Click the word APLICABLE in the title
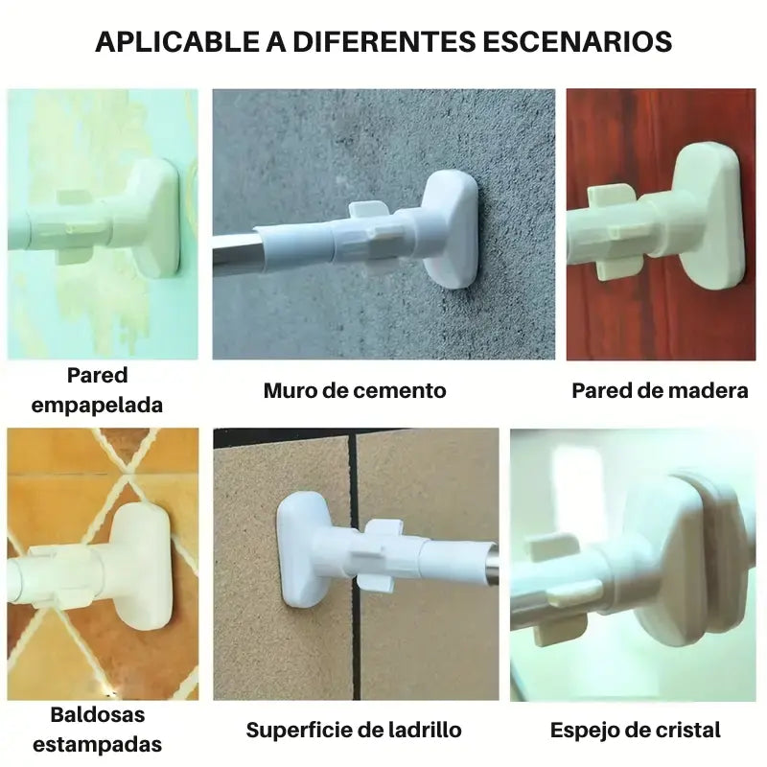177,41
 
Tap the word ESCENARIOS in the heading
577,41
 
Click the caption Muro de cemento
355,390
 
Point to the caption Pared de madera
660,390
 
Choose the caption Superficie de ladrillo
354,730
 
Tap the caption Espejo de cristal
635,730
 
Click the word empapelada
97,406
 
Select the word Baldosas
98,714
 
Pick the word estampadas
97,745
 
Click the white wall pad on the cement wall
450,229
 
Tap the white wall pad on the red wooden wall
711,215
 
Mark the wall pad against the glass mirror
705,553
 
